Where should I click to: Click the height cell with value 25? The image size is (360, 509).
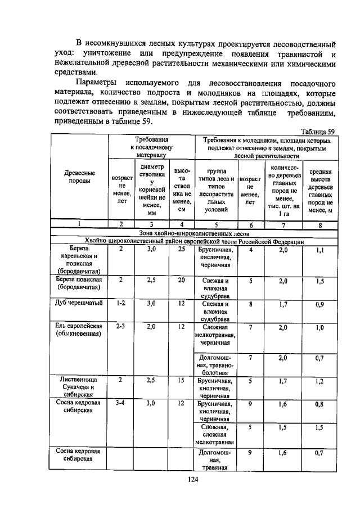181,249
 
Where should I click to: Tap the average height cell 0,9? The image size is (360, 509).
319,304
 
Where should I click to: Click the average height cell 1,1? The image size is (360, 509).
319,249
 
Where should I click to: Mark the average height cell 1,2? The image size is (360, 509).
319,381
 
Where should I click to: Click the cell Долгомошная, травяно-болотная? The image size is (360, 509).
215,364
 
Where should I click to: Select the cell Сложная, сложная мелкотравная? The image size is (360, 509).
215,435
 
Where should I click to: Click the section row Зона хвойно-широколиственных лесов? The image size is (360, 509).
193,233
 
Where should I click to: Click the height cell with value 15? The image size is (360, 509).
181,380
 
